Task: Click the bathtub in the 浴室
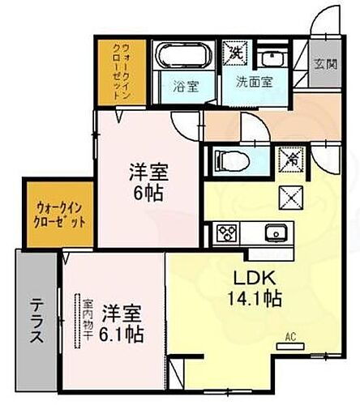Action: click(182, 58)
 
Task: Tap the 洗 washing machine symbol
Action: click(237, 52)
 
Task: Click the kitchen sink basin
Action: click(277, 233)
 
